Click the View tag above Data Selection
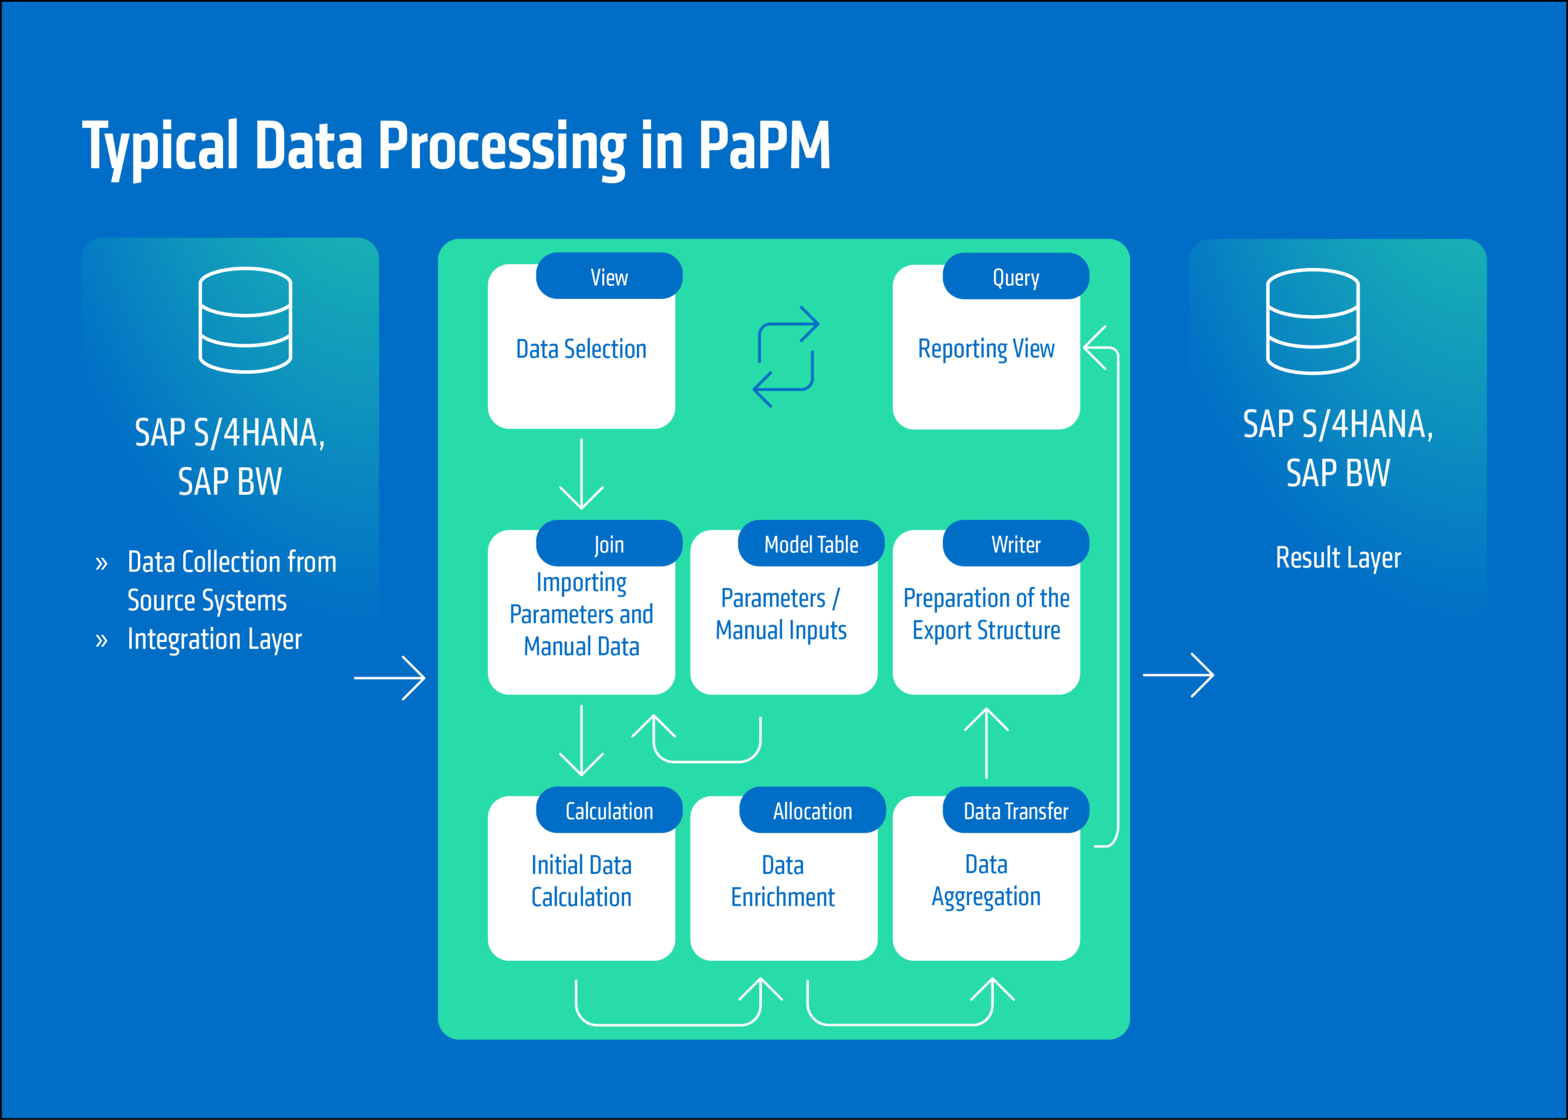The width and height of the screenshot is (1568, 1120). click(609, 277)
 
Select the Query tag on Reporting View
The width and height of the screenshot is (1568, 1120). click(1016, 277)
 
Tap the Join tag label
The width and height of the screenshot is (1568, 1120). click(609, 544)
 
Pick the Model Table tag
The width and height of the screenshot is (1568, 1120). click(811, 544)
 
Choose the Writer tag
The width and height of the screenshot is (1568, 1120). click(1016, 544)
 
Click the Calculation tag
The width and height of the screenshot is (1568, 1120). click(609, 811)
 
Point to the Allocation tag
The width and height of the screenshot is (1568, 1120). click(812, 811)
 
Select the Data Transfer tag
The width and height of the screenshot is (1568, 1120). click(1016, 811)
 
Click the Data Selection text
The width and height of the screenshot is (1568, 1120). click(581, 349)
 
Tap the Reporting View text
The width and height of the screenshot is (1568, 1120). click(986, 349)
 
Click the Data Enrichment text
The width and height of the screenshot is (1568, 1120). click(783, 881)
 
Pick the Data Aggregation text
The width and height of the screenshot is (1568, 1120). click(986, 881)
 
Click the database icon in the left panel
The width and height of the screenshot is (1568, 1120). click(245, 320)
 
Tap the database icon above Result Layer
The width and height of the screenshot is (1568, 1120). click(1312, 321)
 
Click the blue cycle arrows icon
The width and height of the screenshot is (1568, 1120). click(786, 356)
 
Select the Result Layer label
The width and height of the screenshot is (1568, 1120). click(1338, 557)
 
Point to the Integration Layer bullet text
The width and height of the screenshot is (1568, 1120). click(214, 639)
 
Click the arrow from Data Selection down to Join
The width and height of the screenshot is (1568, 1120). click(581, 474)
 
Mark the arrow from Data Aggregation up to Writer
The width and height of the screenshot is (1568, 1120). click(987, 743)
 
